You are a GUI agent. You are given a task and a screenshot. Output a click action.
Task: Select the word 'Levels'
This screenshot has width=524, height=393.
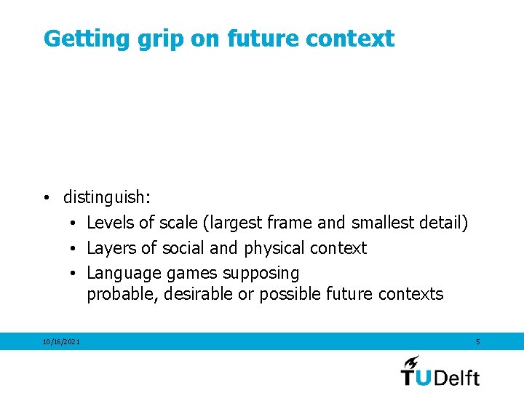click(111, 223)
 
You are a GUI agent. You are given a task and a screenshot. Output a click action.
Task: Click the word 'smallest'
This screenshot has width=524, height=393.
click(383, 223)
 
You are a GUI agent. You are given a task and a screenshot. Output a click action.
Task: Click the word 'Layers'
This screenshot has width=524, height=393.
click(111, 248)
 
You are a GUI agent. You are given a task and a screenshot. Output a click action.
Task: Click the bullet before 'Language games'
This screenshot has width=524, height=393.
click(74, 274)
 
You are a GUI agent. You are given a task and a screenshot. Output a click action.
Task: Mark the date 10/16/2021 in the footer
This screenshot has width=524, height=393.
click(62, 342)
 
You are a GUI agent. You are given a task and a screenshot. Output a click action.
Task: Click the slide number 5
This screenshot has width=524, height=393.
click(477, 341)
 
